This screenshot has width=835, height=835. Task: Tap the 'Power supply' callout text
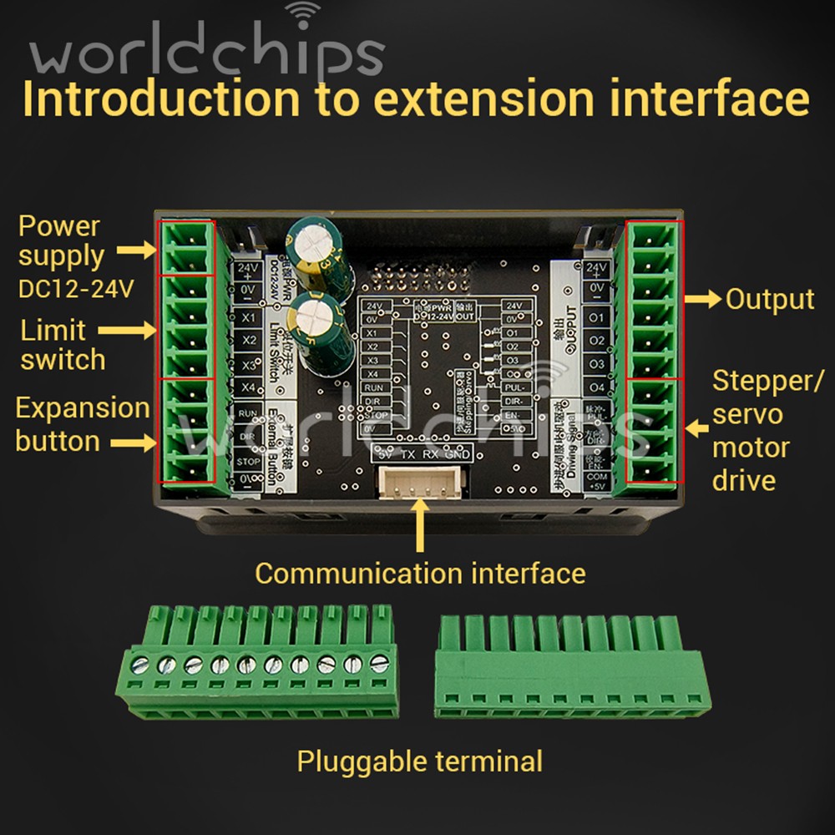[61, 241]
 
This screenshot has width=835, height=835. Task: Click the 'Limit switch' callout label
[63, 345]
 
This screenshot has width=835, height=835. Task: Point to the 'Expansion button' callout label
[82, 424]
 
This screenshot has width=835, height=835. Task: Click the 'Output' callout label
[769, 300]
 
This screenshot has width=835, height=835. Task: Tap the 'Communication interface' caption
[419, 574]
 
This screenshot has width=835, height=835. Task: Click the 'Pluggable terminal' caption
[419, 762]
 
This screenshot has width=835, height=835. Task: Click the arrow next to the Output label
[702, 300]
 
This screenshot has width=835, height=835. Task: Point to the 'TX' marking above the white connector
[407, 454]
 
